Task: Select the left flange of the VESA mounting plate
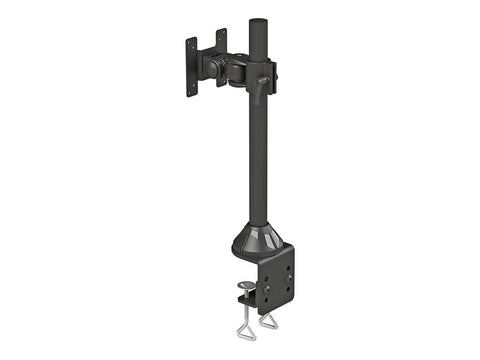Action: [x=192, y=67]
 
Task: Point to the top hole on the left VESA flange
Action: [x=189, y=43]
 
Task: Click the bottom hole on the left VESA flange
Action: [x=190, y=90]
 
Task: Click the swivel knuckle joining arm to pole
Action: [x=238, y=72]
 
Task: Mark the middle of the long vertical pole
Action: [x=256, y=150]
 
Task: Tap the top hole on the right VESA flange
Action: [x=222, y=33]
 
